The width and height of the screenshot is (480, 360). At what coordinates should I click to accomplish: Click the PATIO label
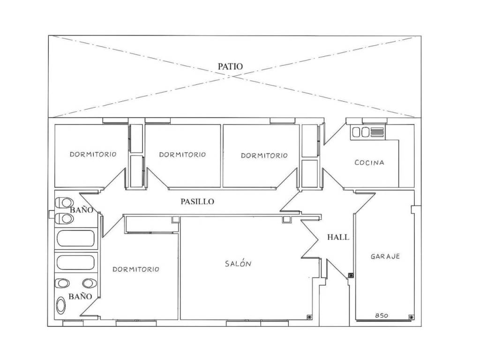(x=230, y=67)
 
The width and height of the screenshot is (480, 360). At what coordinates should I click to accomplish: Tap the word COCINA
(x=369, y=163)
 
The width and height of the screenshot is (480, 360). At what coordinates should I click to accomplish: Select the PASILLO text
(x=197, y=202)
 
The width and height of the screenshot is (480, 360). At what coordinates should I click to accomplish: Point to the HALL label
(x=338, y=237)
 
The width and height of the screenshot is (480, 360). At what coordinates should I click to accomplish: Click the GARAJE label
(x=385, y=256)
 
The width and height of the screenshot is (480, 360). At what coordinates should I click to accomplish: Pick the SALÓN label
(x=238, y=263)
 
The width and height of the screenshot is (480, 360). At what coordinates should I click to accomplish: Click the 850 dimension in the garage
(x=382, y=315)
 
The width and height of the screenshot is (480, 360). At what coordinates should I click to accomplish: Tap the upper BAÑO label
(x=82, y=210)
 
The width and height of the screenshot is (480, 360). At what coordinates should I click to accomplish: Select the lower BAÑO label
(x=80, y=296)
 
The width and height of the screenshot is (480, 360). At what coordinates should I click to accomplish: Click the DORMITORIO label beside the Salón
(x=136, y=270)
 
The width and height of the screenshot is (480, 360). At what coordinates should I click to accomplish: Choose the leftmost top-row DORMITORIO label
(x=93, y=154)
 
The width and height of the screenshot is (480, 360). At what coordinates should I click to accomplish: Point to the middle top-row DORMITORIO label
(x=182, y=155)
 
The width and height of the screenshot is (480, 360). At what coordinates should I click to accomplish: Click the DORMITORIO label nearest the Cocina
(x=264, y=156)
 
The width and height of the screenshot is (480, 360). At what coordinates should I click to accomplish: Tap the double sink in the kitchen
(x=360, y=132)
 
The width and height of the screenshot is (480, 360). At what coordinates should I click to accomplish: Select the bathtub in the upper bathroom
(x=75, y=238)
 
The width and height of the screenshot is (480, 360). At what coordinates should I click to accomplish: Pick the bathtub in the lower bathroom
(x=75, y=262)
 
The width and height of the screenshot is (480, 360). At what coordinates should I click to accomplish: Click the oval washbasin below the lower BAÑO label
(x=61, y=305)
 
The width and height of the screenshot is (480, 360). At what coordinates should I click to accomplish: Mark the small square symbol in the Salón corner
(x=309, y=317)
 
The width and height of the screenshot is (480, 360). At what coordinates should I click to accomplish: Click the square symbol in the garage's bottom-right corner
(x=412, y=317)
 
